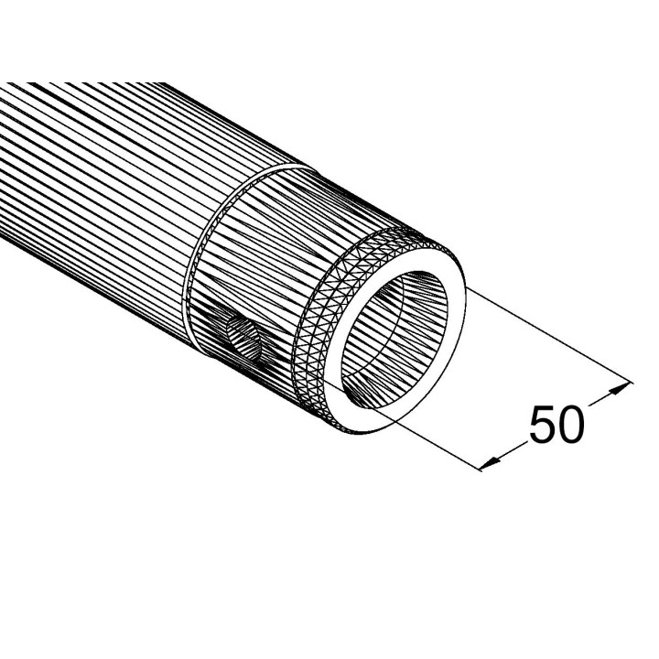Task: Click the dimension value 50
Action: pyautogui.click(x=556, y=425)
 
